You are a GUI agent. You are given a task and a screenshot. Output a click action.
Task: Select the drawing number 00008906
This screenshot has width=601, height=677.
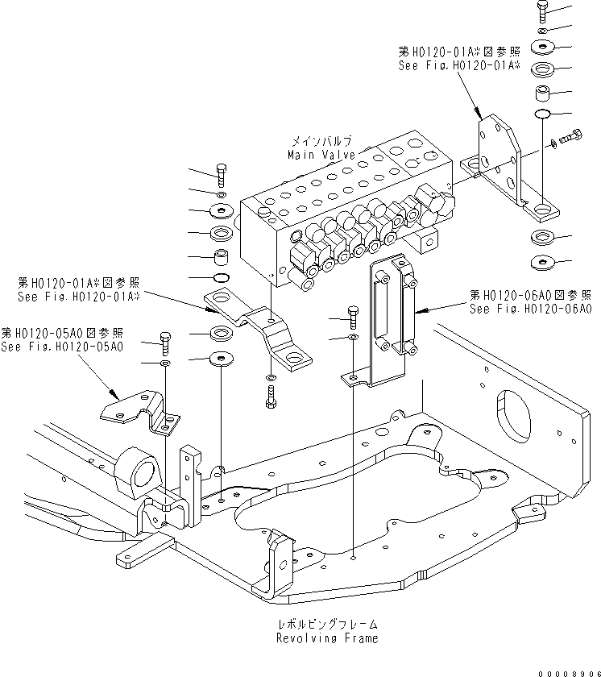568,667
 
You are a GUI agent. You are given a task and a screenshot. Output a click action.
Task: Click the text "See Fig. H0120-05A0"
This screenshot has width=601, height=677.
62,347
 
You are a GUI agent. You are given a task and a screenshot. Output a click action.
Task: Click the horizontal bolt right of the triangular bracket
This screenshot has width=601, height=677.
574,139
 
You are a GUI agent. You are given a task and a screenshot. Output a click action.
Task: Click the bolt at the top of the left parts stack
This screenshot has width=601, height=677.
222,172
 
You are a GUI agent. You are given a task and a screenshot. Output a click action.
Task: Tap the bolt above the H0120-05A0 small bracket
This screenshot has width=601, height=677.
165,343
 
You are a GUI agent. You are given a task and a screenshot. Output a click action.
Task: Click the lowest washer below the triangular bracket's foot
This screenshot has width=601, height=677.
541,262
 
